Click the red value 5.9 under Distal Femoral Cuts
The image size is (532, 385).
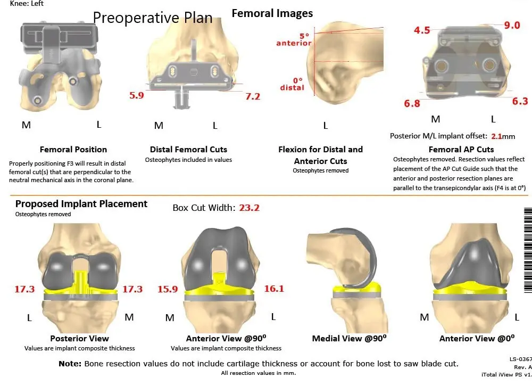(137, 96)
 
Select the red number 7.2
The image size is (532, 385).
(253, 96)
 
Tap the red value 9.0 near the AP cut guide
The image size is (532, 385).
(512, 24)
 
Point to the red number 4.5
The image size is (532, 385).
(422, 30)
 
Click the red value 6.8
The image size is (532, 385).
(412, 104)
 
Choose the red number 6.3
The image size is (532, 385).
(520, 101)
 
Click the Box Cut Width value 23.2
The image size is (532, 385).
(249, 208)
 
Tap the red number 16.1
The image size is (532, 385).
(274, 289)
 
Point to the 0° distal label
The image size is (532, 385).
(292, 84)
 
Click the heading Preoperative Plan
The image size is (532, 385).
(153, 18)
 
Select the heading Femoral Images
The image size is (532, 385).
(272, 13)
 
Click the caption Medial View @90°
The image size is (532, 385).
(349, 338)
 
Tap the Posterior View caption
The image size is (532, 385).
(79, 338)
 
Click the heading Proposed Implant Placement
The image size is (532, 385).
(81, 204)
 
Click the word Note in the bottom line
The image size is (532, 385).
(70, 364)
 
